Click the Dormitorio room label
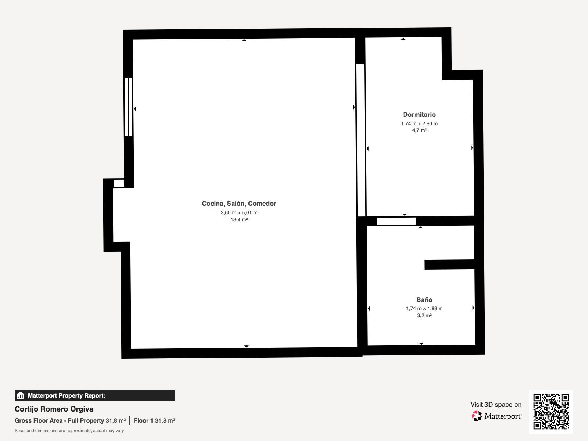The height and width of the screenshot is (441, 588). click(x=419, y=115)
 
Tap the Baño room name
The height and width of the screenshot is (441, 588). click(x=424, y=300)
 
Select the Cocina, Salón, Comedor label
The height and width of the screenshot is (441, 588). click(x=239, y=204)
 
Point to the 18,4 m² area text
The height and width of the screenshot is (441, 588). click(x=239, y=219)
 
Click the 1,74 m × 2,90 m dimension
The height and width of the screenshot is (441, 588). click(x=419, y=124)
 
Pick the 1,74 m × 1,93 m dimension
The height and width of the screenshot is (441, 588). click(x=424, y=308)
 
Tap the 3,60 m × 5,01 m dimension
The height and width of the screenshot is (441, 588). click(x=239, y=213)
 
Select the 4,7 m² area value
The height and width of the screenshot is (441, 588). click(x=419, y=130)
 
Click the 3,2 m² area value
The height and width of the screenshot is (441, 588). click(x=424, y=315)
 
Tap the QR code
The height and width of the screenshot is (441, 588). click(x=551, y=412)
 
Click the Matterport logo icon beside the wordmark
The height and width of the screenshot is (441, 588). click(x=476, y=416)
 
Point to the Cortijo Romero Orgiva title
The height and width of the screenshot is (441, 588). click(x=54, y=409)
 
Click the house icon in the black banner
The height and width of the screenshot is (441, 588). click(x=21, y=395)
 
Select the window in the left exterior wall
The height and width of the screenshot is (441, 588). click(x=128, y=107)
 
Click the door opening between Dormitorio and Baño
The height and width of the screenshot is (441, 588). click(x=396, y=221)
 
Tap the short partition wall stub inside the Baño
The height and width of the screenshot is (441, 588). click(x=449, y=265)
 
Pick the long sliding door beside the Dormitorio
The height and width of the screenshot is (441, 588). click(x=361, y=140)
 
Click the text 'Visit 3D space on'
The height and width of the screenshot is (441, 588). click(x=496, y=405)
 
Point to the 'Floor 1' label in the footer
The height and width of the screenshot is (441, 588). click(x=143, y=421)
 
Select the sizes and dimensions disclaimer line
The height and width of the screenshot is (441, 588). click(x=69, y=431)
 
